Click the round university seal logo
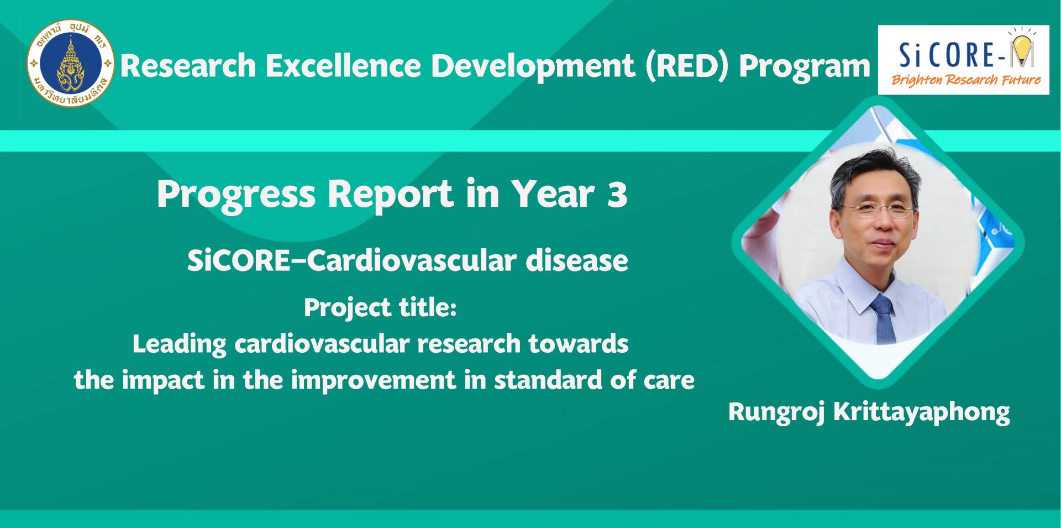[70, 64]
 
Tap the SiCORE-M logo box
[963, 60]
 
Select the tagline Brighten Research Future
[966, 80]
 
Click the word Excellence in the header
[343, 66]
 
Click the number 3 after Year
[617, 195]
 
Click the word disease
[577, 260]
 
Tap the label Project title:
[380, 307]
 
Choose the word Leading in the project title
[179, 344]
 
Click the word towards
[578, 344]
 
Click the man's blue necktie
[883, 320]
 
